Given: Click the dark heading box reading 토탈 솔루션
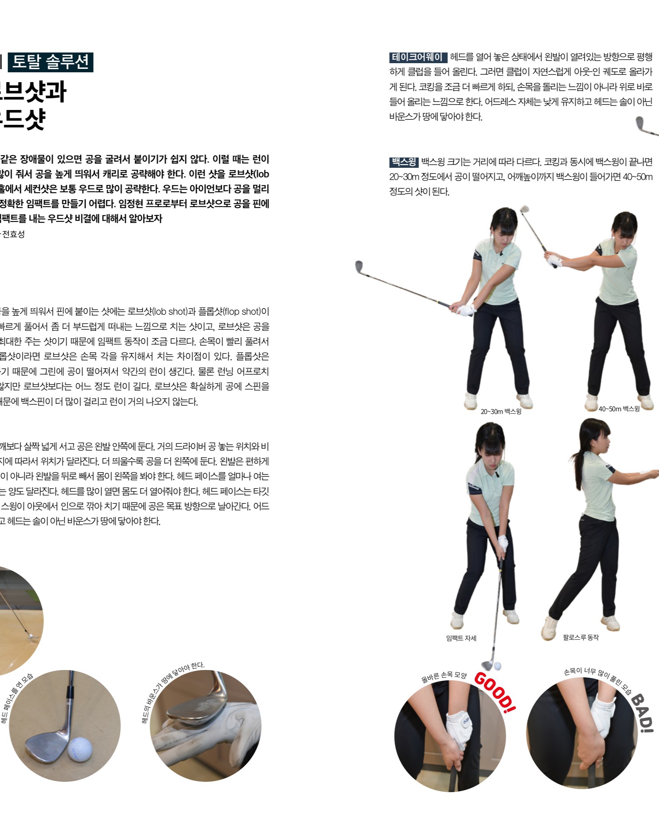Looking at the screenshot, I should pyautogui.click(x=51, y=62).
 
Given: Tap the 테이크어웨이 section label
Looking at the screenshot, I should pyautogui.click(x=417, y=57).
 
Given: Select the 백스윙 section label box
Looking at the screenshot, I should pyautogui.click(x=404, y=162).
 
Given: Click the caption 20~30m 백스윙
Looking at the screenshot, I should pyautogui.click(x=500, y=412).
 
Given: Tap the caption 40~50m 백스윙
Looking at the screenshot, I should pyautogui.click(x=619, y=409).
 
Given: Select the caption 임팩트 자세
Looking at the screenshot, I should pyautogui.click(x=461, y=638).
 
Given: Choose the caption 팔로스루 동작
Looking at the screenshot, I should pyautogui.click(x=580, y=638).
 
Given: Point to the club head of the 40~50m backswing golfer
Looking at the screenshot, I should pyautogui.click(x=524, y=209).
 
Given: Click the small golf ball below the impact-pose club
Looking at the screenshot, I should pyautogui.click(x=497, y=666).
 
